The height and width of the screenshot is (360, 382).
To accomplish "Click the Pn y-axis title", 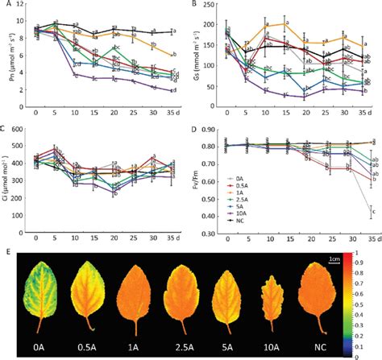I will pos(6,61).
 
